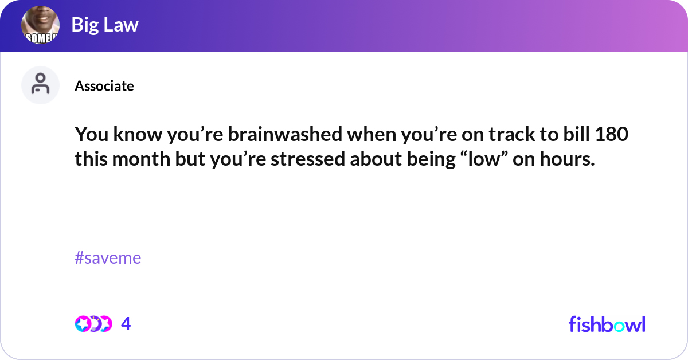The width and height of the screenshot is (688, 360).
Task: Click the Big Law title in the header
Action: coord(105,25)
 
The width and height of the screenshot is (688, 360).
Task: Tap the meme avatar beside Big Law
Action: coord(41,26)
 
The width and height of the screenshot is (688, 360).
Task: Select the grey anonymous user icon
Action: coord(40,85)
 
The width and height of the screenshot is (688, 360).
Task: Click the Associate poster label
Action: coord(104,86)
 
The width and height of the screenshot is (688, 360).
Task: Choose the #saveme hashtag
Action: coord(108,258)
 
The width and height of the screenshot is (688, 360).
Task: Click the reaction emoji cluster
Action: coord(93,324)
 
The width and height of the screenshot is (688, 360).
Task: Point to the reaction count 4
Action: coord(126,324)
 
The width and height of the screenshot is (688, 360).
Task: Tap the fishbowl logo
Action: coord(607,324)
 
